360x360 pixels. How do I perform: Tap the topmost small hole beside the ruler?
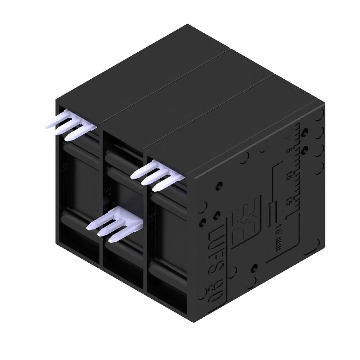pyautogui.click(x=306, y=132)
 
